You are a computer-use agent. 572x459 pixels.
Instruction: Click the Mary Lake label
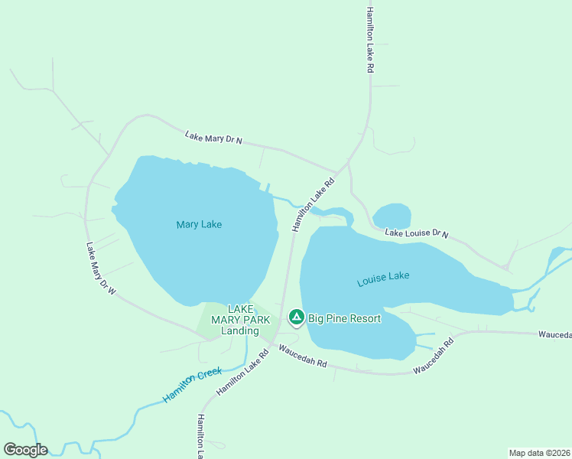point(199,224)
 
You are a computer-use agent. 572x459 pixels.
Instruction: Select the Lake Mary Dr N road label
point(213,138)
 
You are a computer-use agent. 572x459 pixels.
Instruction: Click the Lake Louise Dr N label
point(416,233)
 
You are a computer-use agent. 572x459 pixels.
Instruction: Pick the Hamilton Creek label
point(192,385)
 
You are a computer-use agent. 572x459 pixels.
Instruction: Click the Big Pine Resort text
point(344,318)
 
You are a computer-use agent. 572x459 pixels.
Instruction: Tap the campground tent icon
point(296,317)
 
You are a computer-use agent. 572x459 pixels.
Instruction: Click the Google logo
point(25,450)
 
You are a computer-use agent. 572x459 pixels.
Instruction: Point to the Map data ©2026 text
point(540,452)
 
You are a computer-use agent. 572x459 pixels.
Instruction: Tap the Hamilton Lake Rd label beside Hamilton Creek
point(242,373)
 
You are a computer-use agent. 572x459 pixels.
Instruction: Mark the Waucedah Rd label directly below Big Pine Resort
point(303,357)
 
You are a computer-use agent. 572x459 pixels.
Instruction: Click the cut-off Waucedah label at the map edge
point(554,335)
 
